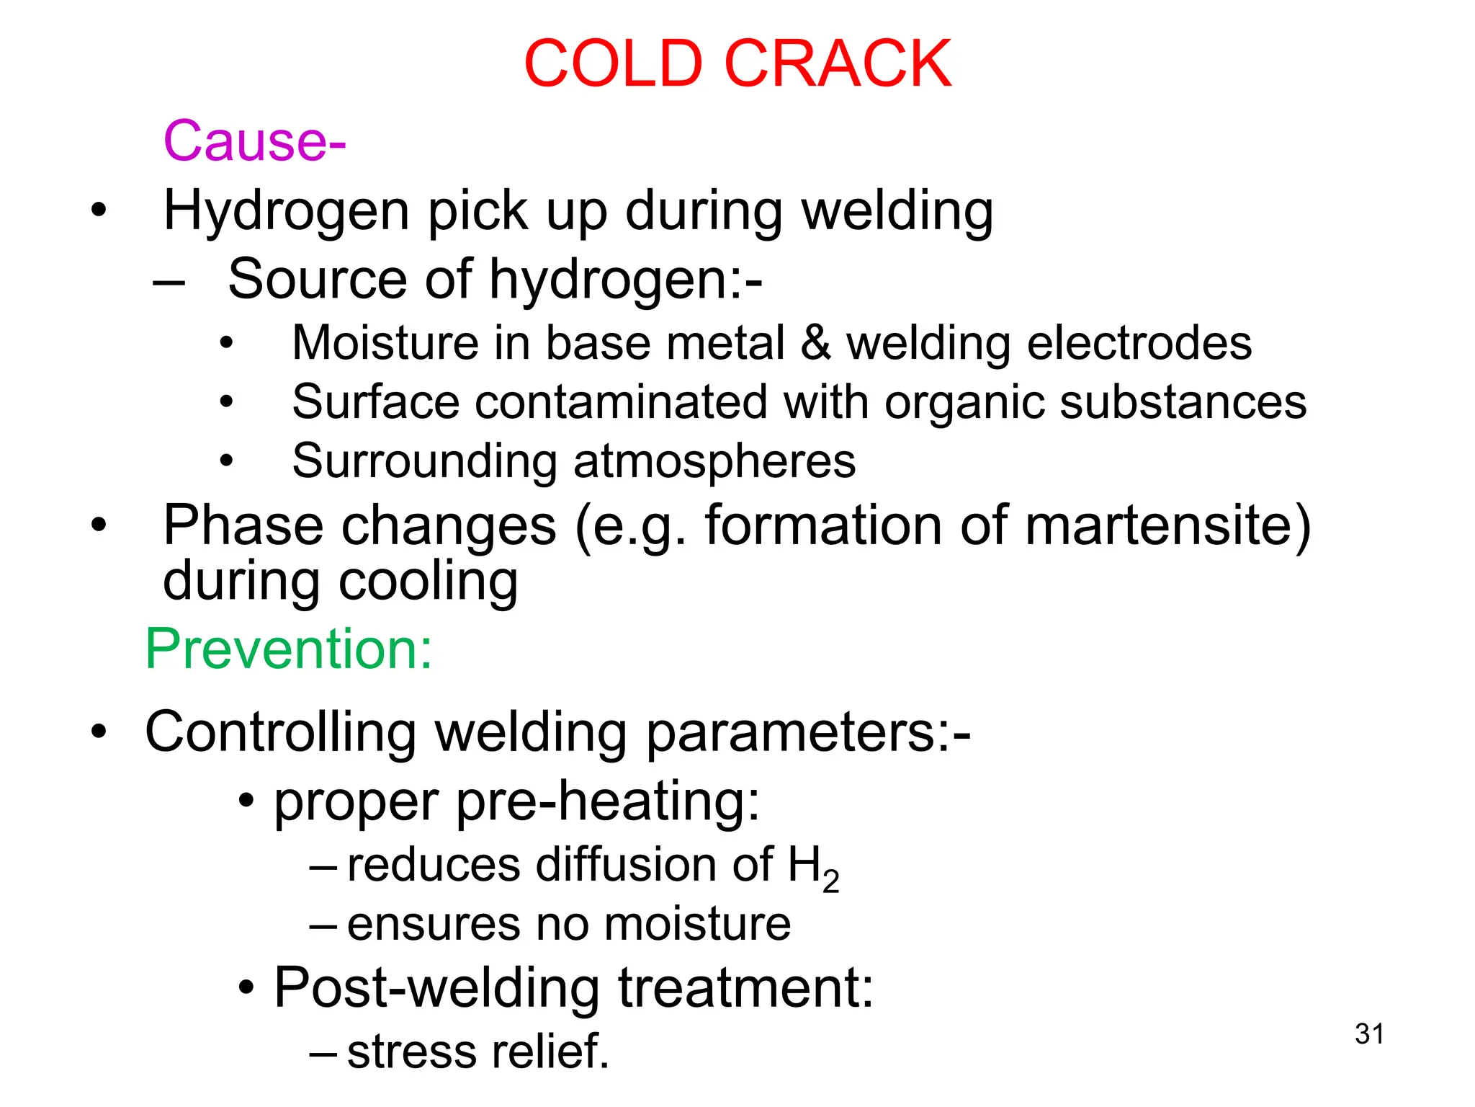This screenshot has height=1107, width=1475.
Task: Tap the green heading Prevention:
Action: [289, 649]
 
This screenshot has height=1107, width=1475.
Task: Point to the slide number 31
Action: [1369, 1033]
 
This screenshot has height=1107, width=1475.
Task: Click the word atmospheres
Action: [714, 461]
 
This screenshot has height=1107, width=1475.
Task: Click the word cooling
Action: [428, 582]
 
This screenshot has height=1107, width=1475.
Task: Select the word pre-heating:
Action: [608, 801]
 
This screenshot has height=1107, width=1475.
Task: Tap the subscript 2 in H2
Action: [830, 881]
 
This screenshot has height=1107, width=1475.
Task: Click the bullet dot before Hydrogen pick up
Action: [98, 211]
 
